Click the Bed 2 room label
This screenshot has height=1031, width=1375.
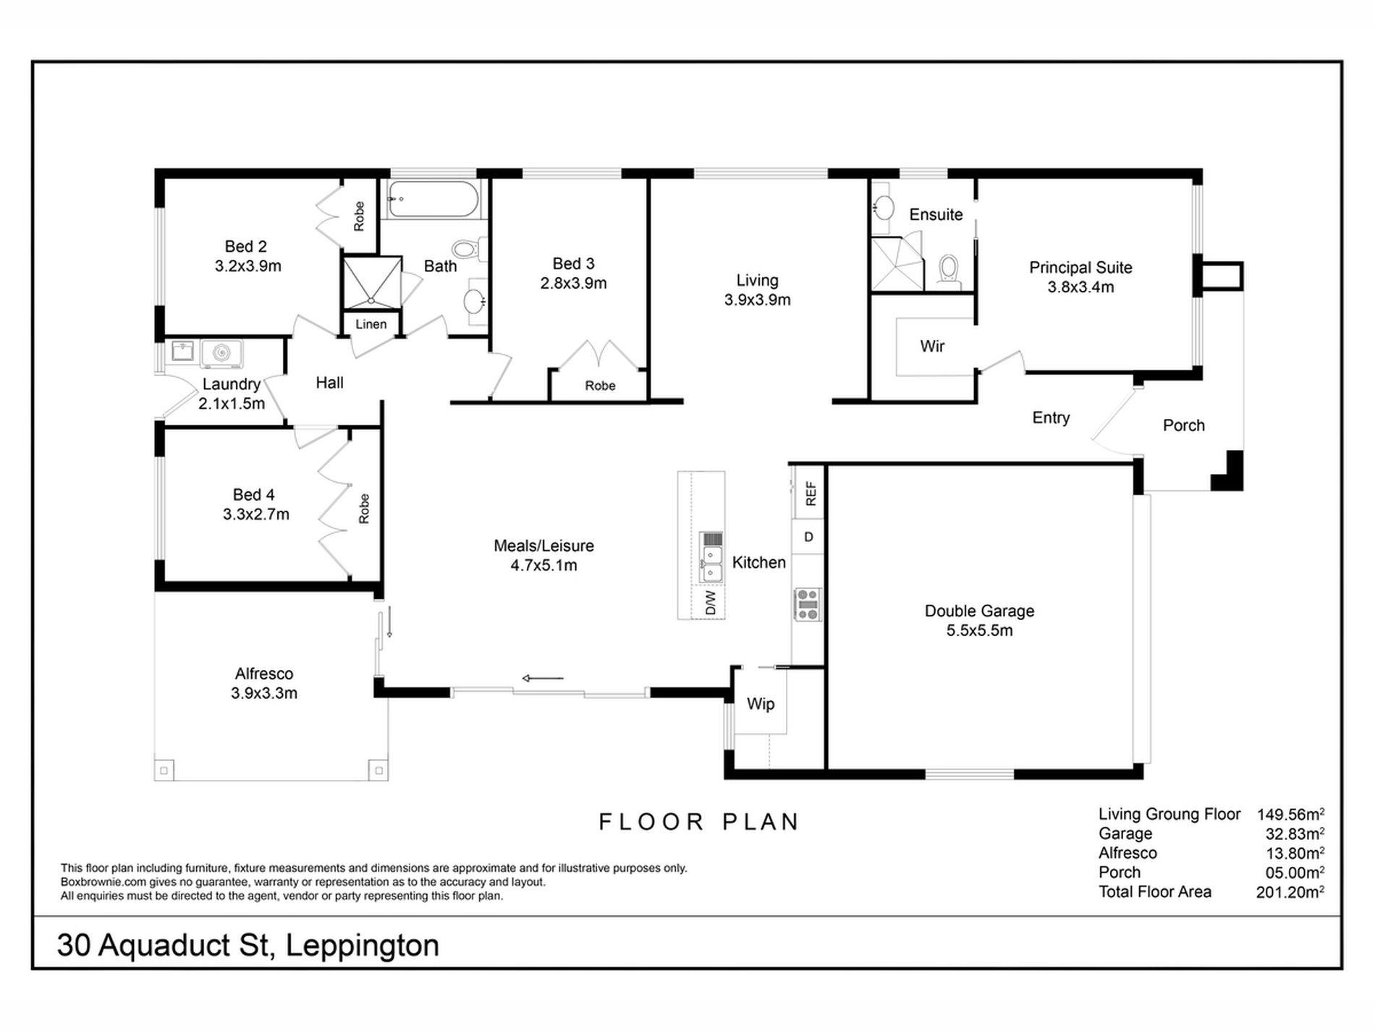(245, 247)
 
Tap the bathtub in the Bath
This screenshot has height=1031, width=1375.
(432, 199)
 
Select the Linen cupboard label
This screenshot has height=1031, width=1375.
(371, 324)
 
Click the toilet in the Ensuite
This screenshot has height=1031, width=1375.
(948, 268)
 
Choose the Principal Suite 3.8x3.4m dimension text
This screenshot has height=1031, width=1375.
(1080, 287)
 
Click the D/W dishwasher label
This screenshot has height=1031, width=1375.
(710, 603)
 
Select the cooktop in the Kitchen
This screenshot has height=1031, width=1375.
(808, 605)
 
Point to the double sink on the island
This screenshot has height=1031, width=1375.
(711, 564)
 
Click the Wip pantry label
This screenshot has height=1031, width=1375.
(761, 704)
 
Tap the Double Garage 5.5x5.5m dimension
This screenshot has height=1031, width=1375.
(979, 631)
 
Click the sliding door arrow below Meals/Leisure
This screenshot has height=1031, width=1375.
(543, 679)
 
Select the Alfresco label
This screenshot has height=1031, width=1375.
(264, 674)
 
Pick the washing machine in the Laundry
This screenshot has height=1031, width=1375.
(221, 353)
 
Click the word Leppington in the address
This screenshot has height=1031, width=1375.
(362, 946)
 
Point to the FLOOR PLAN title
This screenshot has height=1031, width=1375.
(699, 822)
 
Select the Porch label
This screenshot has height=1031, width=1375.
(1183, 425)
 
